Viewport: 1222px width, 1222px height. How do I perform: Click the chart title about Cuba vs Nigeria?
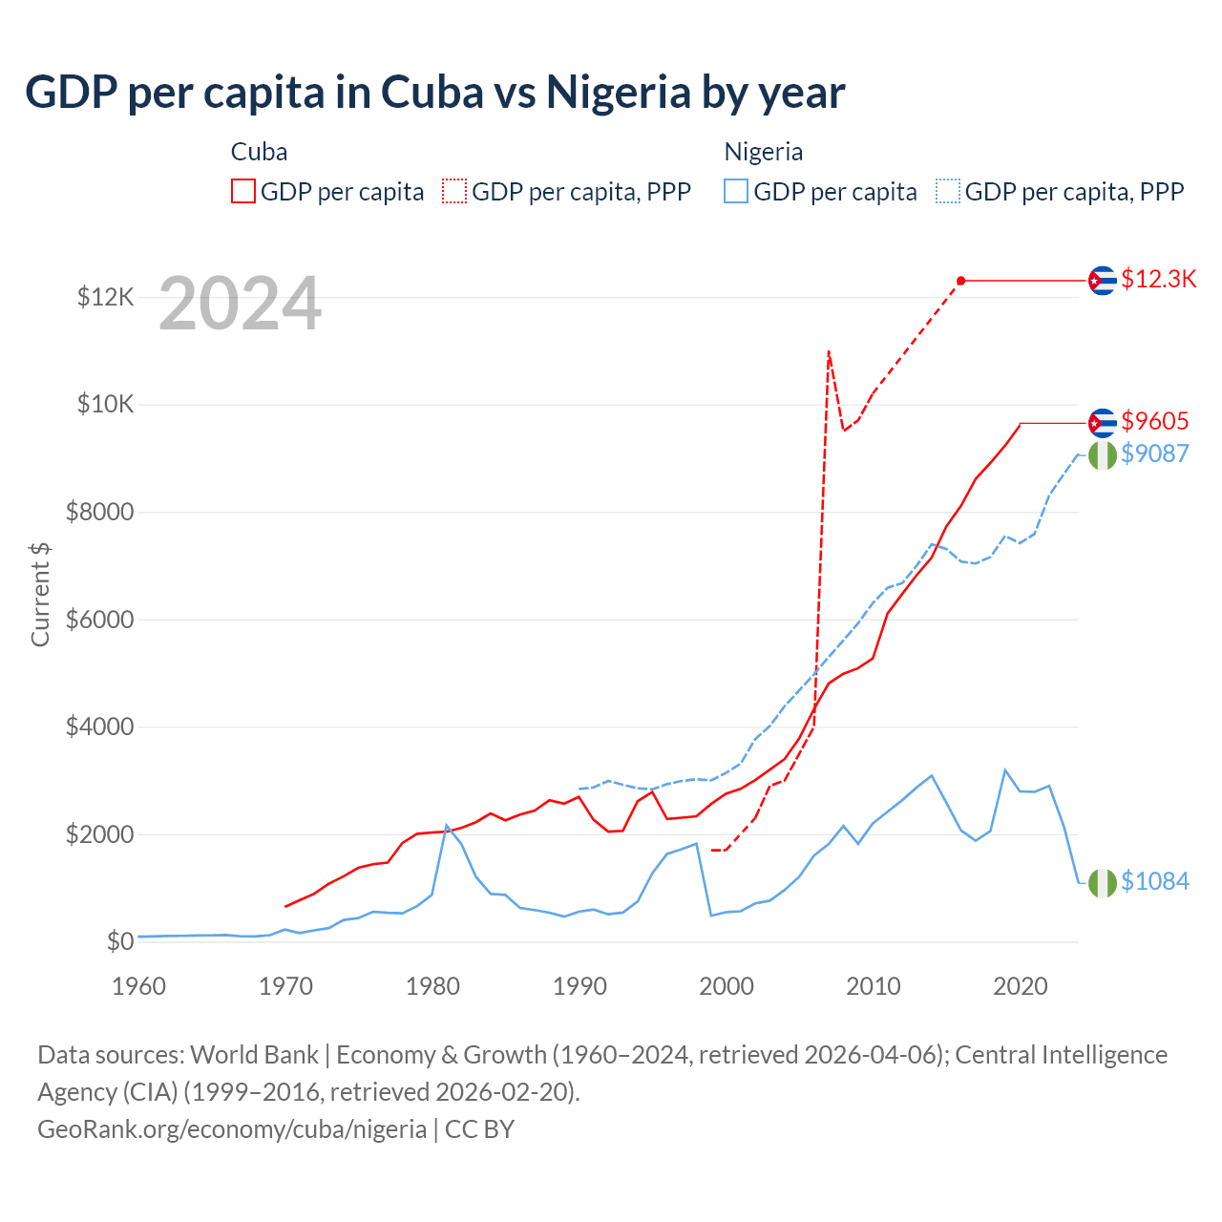(x=434, y=93)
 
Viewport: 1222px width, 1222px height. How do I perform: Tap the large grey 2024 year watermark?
(x=240, y=304)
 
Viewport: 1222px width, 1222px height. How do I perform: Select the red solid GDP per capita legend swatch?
(x=243, y=192)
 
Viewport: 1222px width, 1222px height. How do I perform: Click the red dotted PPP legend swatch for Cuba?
(x=454, y=192)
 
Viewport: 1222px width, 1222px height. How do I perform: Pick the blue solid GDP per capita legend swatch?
(x=736, y=192)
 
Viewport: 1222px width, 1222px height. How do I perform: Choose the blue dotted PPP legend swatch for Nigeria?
(x=948, y=192)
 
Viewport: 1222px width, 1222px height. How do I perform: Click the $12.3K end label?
(x=1158, y=279)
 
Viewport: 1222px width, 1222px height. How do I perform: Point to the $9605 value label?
(x=1154, y=421)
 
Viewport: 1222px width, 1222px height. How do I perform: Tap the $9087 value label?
(x=1154, y=453)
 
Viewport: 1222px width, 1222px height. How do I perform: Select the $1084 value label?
(x=1154, y=881)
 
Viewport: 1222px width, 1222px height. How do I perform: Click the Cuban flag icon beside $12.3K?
(x=1103, y=281)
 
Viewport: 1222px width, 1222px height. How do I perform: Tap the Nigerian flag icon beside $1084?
(x=1103, y=883)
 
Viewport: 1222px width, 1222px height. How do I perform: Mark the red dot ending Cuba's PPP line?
(x=961, y=281)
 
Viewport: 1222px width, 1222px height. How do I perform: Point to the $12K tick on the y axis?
(x=105, y=298)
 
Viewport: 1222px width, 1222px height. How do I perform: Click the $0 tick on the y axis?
(x=119, y=942)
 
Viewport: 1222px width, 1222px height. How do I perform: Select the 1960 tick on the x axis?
(x=139, y=986)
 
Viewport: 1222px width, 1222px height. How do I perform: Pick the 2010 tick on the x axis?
(x=874, y=986)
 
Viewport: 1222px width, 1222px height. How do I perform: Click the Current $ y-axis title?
(x=40, y=594)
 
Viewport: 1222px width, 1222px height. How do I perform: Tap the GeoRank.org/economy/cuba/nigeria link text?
(x=232, y=1129)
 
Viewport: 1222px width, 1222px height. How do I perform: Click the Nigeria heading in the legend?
(x=763, y=152)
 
